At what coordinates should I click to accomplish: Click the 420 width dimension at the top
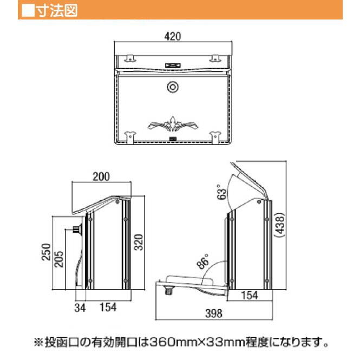pyautogui.click(x=172, y=37)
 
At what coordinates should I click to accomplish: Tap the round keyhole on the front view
pyautogui.click(x=173, y=86)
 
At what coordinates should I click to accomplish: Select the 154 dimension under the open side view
pyautogui.click(x=248, y=295)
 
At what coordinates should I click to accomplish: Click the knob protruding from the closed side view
pyautogui.click(x=75, y=230)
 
